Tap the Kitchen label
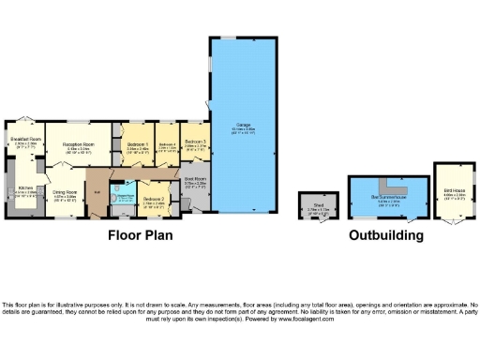(x=25, y=189)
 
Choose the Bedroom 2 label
(x=154, y=200)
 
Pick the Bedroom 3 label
(x=195, y=142)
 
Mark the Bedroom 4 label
(x=168, y=145)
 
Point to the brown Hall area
(x=97, y=192)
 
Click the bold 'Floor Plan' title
(x=140, y=235)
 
